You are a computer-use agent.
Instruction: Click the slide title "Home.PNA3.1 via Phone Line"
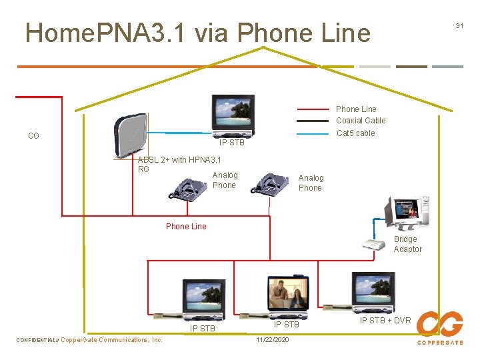pos(197,33)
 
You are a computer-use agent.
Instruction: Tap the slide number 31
pos(459,25)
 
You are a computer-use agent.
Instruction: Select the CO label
pos(34,136)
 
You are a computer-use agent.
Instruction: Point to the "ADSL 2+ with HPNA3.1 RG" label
pos(179,164)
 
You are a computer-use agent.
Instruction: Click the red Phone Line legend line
pos(313,109)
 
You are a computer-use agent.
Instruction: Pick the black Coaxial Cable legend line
pos(313,121)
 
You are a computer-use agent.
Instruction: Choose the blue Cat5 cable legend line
pos(313,133)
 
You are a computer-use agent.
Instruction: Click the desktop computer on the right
pos(407,213)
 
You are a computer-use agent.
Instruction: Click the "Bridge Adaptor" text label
pos(407,244)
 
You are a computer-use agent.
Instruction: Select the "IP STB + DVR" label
pos(385,321)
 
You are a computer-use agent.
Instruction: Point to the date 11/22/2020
pos(273,340)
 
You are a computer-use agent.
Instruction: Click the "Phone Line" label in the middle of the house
pos(186,227)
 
